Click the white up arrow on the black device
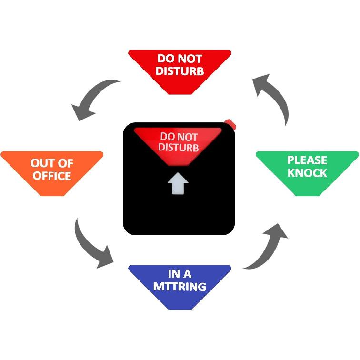coord(178,183)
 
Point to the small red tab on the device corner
coord(230,124)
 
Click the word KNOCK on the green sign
coord(307,173)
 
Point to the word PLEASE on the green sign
coord(307,160)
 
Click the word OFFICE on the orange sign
coord(52,176)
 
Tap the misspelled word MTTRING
coord(180,287)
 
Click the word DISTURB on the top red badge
coord(180,70)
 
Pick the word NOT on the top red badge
coord(190,59)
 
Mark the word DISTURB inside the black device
coord(179,148)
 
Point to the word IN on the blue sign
coord(173,274)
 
